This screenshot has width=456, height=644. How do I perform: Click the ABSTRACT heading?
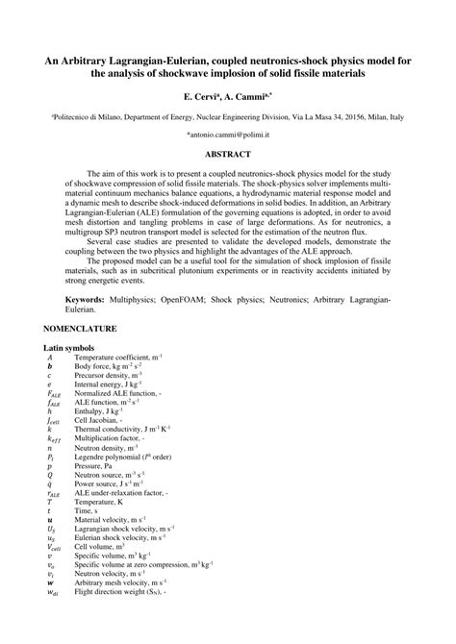tap(227, 154)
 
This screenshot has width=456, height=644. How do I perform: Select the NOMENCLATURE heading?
tap(80, 329)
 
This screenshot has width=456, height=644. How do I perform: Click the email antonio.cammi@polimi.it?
tap(227, 136)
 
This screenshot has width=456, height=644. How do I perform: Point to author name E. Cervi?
tap(201, 97)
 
